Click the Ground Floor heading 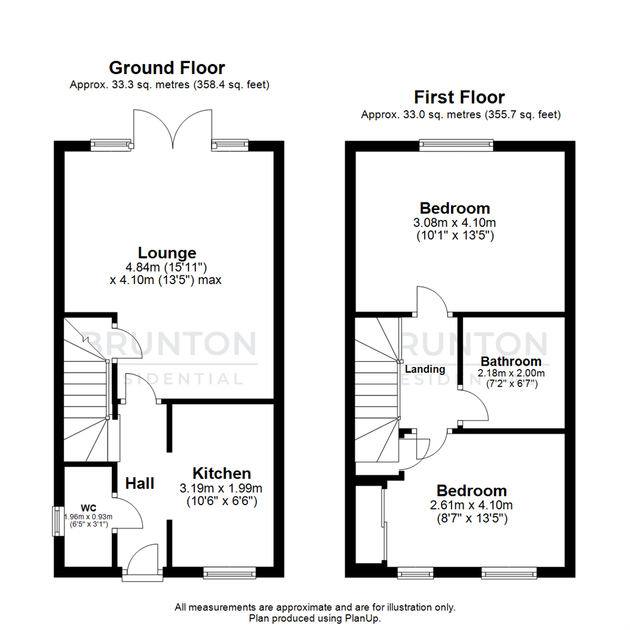point(167,68)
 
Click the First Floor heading point(459,97)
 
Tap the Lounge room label point(167,253)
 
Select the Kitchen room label point(222,473)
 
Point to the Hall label point(140,483)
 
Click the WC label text point(88,507)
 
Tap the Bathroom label point(510,362)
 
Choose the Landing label point(425,369)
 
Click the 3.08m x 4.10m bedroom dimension point(455,223)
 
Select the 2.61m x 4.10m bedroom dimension point(471,505)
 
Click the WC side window point(57,520)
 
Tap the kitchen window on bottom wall point(229,574)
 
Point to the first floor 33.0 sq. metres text point(460,114)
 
